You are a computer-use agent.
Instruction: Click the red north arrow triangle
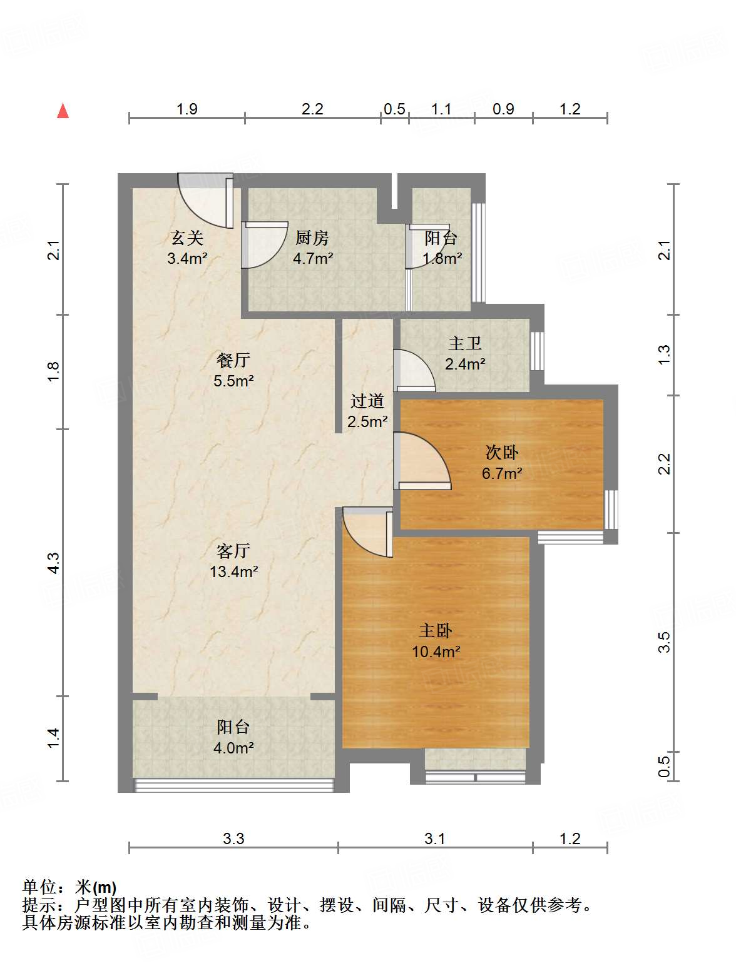pos(63,111)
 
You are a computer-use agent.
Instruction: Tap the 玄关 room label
pos(187,238)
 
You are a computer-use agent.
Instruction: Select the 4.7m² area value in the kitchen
pos(313,258)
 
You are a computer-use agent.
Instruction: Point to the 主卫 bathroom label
pos(465,343)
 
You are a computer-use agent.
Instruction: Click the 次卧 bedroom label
pos(502,453)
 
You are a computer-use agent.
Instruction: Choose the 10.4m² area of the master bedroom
pos(436,652)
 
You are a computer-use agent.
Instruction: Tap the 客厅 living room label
pos(233,551)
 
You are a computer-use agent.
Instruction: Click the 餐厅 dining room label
pos(233,360)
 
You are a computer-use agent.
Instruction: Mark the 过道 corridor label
pos(367,401)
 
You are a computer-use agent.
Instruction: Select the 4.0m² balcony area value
pos(233,747)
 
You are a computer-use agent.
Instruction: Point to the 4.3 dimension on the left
pos(54,563)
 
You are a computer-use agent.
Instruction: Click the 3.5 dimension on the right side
pos(665,642)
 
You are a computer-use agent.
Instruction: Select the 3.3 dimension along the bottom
pos(233,838)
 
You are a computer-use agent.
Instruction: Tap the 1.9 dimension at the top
pos(187,109)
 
